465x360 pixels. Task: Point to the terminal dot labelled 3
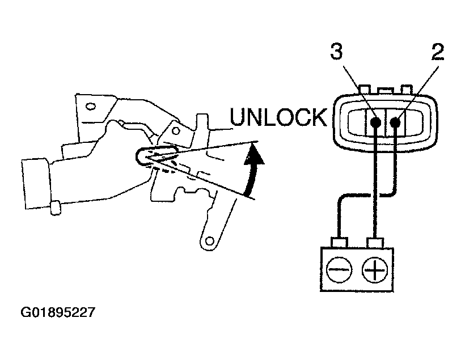pos(375,122)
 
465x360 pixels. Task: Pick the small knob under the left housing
pos(56,207)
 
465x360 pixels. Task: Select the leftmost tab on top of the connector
pos(364,90)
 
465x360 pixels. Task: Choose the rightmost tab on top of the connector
pos(406,90)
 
